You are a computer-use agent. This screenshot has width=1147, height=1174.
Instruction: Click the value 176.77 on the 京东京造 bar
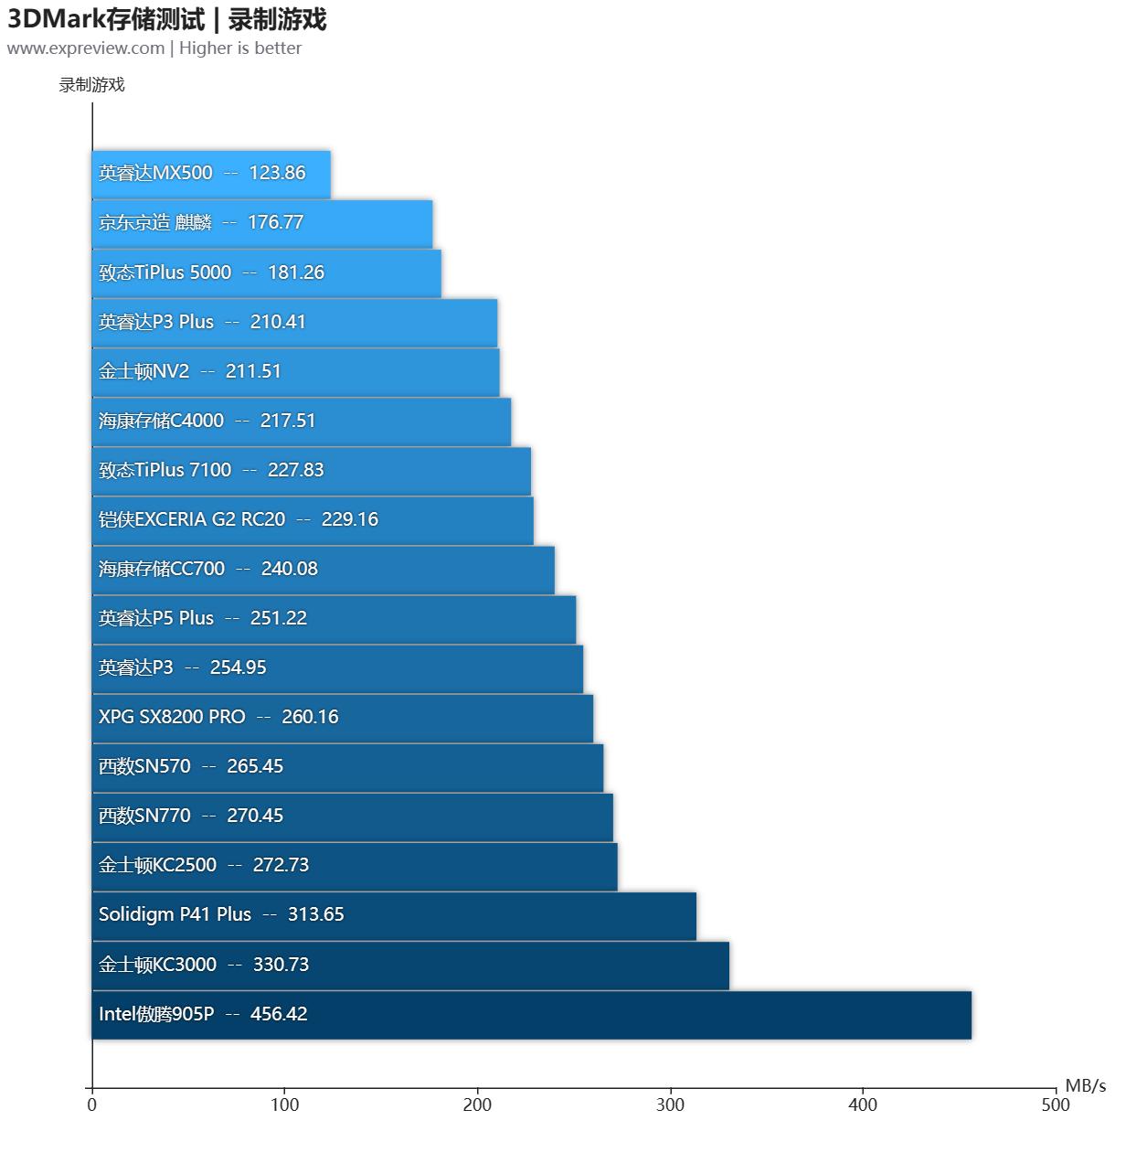[275, 223]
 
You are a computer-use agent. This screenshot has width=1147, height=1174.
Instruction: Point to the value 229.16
[349, 520]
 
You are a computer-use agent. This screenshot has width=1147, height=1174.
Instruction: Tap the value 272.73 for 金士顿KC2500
[281, 866]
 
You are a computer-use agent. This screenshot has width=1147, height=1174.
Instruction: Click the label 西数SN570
[144, 767]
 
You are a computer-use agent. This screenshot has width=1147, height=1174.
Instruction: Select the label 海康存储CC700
[162, 570]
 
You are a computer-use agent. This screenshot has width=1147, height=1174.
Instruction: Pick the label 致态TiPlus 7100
[165, 471]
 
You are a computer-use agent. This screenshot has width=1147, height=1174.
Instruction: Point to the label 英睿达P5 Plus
[156, 619]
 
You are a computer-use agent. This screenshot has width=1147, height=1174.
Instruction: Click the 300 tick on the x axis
[670, 1105]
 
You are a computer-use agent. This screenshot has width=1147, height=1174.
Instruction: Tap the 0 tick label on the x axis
[91, 1105]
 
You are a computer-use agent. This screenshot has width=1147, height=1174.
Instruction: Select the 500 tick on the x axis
[1055, 1105]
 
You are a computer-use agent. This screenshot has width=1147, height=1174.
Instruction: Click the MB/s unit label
[1085, 1086]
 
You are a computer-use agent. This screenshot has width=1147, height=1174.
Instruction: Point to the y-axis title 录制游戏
[91, 85]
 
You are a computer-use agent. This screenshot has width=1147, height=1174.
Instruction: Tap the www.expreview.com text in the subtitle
[86, 48]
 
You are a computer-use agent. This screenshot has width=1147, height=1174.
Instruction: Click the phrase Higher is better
[240, 48]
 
